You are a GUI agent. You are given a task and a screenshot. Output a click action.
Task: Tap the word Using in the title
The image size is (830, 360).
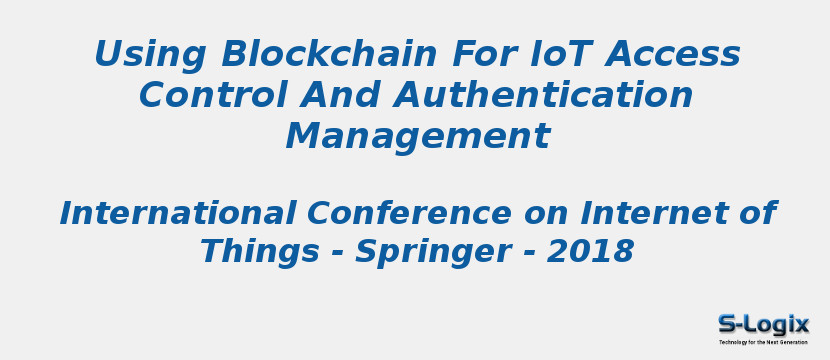click(150, 54)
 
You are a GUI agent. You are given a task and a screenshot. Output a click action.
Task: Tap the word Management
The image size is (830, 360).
click(417, 136)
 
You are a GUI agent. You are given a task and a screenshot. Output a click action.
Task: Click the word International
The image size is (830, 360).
click(178, 213)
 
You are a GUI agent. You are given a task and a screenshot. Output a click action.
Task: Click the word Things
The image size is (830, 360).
click(259, 252)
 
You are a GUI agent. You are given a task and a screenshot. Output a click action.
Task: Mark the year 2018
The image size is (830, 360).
click(590, 252)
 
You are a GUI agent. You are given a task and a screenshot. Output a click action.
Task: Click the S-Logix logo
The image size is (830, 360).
click(763, 324)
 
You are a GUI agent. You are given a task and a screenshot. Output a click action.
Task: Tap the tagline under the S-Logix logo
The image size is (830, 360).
click(763, 342)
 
